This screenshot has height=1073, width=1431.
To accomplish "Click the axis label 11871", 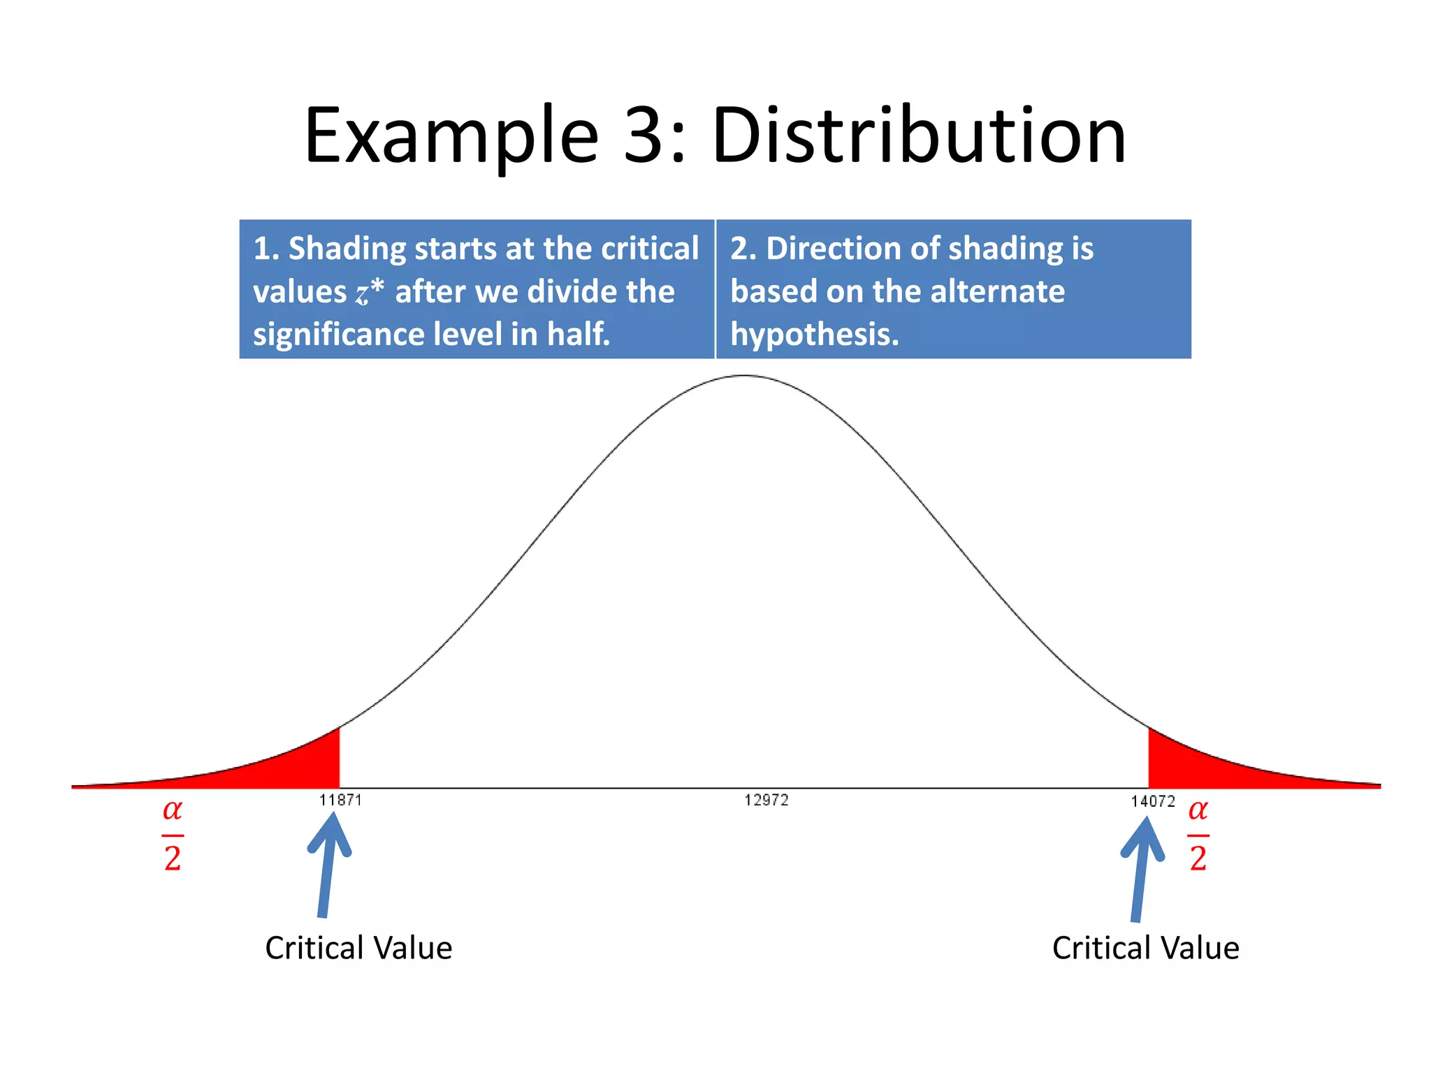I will click(340, 800).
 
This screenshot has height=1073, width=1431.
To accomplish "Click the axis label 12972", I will click(766, 800).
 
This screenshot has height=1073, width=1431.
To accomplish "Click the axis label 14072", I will click(1153, 801).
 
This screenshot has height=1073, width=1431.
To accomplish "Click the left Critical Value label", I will click(358, 948).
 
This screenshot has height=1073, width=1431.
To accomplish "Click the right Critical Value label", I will click(1145, 948).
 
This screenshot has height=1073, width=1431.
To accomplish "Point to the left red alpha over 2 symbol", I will click(173, 835).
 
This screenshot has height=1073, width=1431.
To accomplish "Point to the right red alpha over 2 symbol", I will click(1198, 835).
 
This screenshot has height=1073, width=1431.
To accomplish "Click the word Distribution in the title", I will click(918, 136).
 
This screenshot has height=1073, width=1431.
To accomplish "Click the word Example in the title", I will click(451, 136).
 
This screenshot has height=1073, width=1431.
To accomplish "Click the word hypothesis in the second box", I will click(814, 335).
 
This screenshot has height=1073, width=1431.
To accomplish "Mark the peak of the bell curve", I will click(745, 377).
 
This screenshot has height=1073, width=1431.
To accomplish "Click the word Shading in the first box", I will click(347, 249).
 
